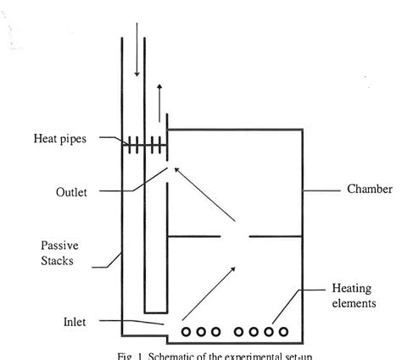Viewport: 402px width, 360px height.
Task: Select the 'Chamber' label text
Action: pos(369,189)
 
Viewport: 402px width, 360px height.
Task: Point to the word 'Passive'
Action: pos(60,245)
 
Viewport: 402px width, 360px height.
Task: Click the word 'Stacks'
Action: pos(58,260)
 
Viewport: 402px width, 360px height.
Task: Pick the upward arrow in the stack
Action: pos(158,101)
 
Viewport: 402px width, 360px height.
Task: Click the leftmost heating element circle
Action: pos(186,331)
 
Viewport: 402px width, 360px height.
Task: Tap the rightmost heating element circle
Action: pos(283,331)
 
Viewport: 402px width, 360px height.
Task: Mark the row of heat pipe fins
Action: pos(144,145)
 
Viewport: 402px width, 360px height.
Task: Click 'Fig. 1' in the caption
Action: pos(128,355)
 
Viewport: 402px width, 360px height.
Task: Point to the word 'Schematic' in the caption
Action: pos(174,355)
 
